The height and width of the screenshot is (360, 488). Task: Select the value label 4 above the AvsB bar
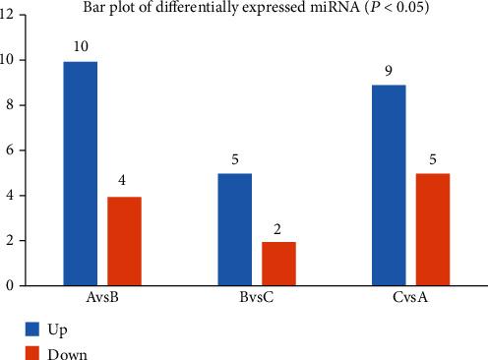[x=124, y=182]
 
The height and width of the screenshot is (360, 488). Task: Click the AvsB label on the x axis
[x=102, y=298]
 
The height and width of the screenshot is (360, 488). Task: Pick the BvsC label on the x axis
[x=257, y=298]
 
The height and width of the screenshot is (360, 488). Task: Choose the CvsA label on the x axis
[x=411, y=298]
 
